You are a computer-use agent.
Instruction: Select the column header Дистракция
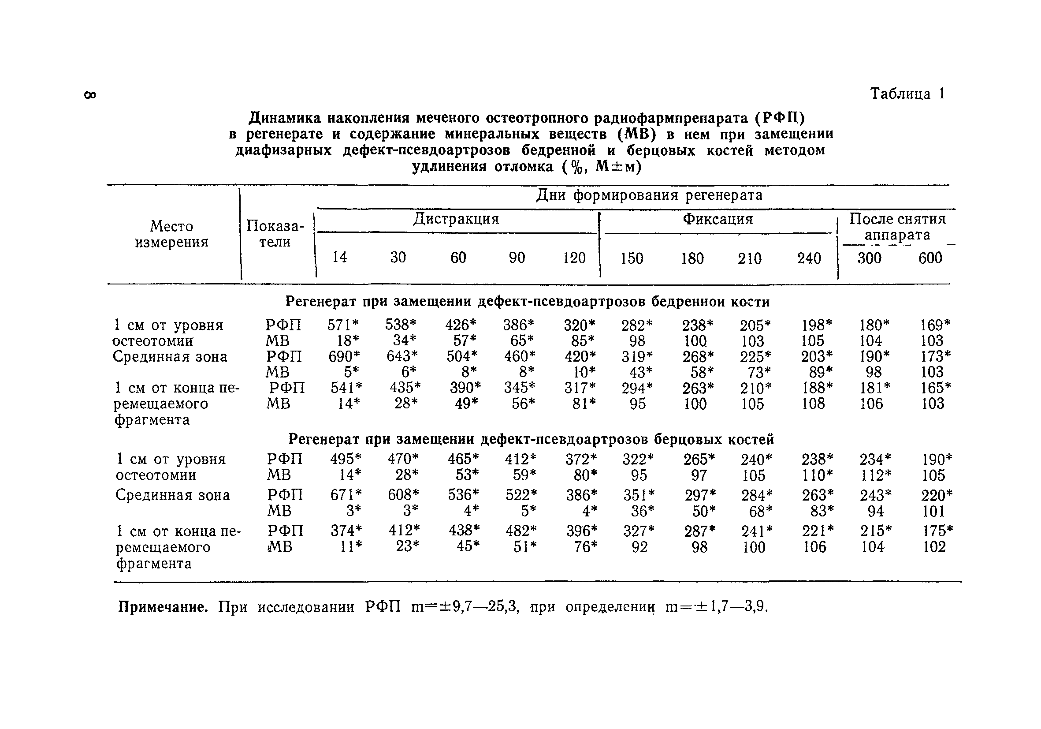point(456,219)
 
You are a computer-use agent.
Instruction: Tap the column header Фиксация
point(718,219)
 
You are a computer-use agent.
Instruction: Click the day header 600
point(930,258)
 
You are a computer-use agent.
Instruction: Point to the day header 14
point(340,257)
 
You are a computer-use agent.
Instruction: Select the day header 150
point(632,258)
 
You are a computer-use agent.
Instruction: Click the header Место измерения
point(171,234)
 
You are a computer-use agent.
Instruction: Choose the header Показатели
point(275,233)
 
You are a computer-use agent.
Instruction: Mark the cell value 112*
point(875,475)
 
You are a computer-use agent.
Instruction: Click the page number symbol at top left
point(90,95)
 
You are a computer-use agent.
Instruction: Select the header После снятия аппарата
point(897,226)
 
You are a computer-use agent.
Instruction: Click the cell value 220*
point(937,494)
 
